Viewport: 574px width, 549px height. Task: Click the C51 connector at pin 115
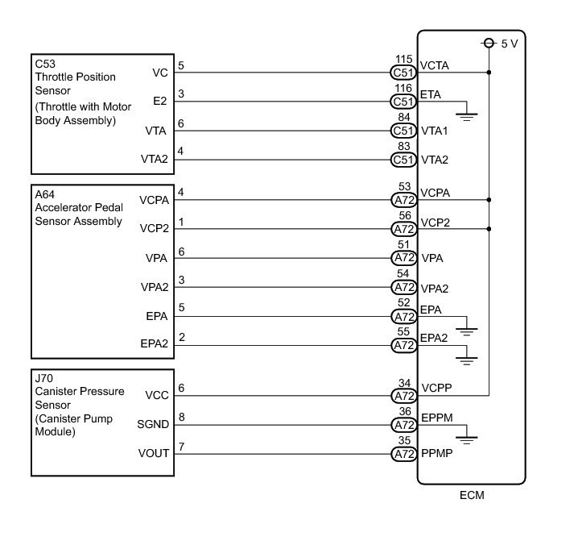[x=403, y=73]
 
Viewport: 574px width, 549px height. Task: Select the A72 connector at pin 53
[x=403, y=199]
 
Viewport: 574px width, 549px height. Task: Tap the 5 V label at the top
[x=509, y=44]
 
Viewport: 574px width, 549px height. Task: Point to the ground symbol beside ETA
[x=468, y=115]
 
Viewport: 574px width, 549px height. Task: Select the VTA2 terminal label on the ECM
[x=434, y=160]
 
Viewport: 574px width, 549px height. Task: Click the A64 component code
[x=45, y=193]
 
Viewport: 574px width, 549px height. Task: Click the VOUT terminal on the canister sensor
[x=155, y=453]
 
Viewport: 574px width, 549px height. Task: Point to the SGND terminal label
[x=153, y=424]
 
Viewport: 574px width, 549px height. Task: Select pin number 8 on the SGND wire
[x=181, y=417]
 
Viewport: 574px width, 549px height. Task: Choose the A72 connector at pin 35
[x=403, y=453]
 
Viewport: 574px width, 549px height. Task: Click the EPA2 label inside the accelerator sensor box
[x=153, y=345]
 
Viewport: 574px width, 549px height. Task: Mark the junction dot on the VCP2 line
[x=489, y=228]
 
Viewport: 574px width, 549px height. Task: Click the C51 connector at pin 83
[x=403, y=160]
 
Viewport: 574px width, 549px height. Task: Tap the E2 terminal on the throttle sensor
[x=160, y=102]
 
